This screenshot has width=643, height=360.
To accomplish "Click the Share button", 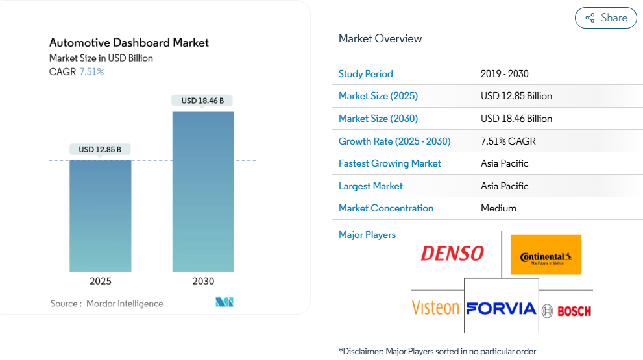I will pos(606,18).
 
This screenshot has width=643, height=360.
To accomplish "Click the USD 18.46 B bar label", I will pos(202,101).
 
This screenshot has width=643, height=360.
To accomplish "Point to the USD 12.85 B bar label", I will pos(100,150).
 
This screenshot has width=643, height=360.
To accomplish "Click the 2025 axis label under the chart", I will pos(101,281).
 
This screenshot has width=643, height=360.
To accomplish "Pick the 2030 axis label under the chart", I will pos(203,281).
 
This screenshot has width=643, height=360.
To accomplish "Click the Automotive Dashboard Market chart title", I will pos(129,43).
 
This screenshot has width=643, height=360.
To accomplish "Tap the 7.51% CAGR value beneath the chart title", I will pos(91,72).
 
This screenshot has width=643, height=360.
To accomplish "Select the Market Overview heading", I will pos(380,39).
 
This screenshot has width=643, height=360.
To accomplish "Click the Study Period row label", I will pos(366,74).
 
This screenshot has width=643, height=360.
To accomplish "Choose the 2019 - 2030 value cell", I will pos(505,74).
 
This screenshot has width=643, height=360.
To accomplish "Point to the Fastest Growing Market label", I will pos(390,163).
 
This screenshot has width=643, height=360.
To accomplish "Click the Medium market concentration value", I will pos(498,208).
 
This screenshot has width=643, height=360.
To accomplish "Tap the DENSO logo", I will pos(452,254).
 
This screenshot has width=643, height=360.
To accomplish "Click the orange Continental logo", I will pos(546,255).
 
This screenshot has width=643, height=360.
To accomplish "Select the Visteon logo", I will pos(436,307).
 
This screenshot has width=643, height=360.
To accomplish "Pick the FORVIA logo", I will pos(501,307).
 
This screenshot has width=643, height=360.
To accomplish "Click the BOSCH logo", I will pos(566,311).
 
